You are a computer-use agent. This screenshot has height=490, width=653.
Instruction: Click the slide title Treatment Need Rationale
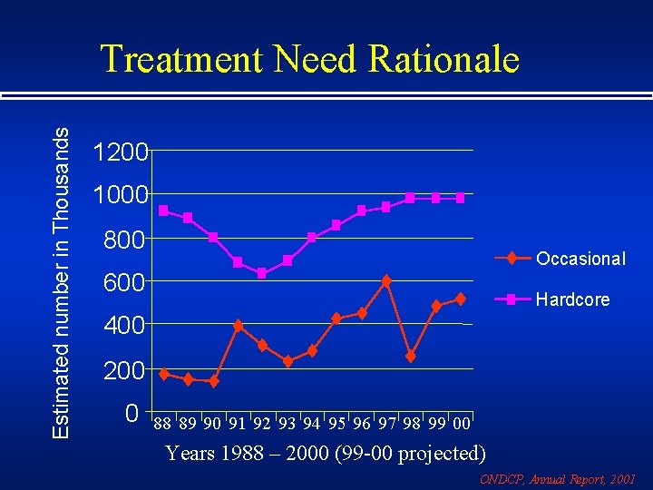[309, 60]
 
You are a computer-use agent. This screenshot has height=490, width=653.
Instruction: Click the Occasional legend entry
[580, 259]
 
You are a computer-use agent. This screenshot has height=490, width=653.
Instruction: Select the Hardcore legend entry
[572, 299]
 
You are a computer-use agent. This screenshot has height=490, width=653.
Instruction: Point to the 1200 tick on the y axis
[121, 152]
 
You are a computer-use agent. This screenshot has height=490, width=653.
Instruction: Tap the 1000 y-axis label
[121, 196]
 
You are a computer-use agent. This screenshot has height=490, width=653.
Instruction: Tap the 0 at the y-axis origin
[132, 415]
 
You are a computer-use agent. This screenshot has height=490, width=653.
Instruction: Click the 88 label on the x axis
[162, 424]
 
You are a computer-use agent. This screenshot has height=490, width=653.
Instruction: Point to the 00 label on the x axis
[461, 424]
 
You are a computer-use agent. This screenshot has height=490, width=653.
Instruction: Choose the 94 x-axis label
[312, 424]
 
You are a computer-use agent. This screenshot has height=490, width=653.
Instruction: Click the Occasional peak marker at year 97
[386, 281]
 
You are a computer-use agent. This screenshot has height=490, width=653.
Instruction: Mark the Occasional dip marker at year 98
[411, 357]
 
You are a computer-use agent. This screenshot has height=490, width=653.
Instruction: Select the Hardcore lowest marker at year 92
[262, 273]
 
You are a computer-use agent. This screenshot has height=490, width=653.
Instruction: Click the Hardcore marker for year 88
[163, 211]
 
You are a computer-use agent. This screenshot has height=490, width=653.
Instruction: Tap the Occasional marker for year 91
[238, 326]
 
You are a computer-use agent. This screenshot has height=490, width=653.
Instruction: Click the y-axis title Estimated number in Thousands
[60, 282]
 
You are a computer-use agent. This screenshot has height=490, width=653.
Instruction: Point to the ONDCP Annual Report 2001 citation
[557, 478]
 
